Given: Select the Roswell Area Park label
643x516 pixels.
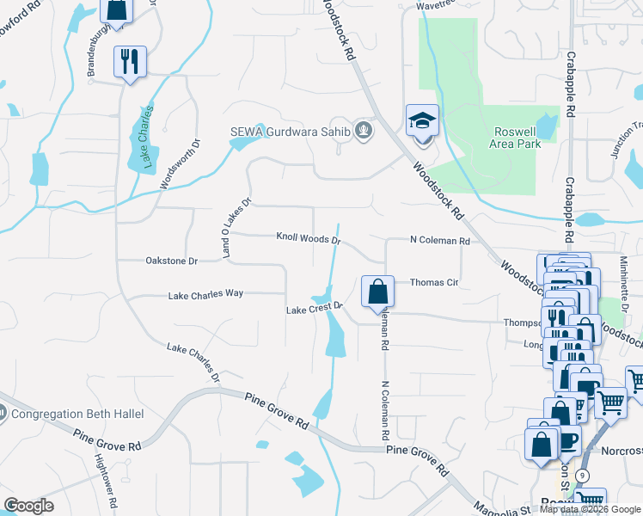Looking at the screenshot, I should click(x=517, y=138).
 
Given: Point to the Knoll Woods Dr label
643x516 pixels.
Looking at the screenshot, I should click(x=309, y=237).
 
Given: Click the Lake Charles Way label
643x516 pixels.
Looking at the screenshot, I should click(x=205, y=294).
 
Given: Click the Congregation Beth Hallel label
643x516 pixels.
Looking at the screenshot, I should click(x=78, y=414).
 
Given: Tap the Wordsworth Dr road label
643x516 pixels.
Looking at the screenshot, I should click(x=180, y=165).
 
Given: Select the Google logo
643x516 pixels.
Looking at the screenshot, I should click(x=28, y=506).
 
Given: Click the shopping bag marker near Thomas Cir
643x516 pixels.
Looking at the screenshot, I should click(x=377, y=292).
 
